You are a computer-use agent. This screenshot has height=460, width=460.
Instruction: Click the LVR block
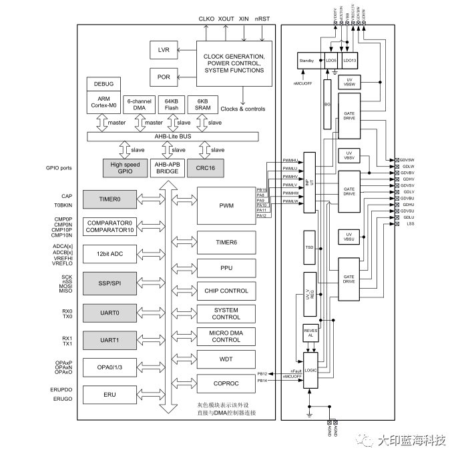pos(164,51)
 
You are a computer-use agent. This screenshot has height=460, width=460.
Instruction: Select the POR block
pos(164,77)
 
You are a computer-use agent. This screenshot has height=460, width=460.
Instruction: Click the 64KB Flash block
pos(172,105)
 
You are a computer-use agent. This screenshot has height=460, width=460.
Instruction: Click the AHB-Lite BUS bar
pos(173,137)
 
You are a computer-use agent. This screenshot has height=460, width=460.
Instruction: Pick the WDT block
pos(226,359)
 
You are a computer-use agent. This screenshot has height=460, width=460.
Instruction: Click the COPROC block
pos(226,384)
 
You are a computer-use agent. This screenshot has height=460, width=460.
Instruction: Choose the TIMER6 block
pos(226,242)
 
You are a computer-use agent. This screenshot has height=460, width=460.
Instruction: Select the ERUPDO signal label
pos(61,389)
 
